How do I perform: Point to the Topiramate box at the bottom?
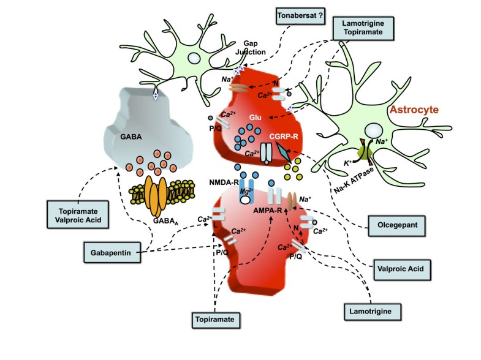tap(215, 319)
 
